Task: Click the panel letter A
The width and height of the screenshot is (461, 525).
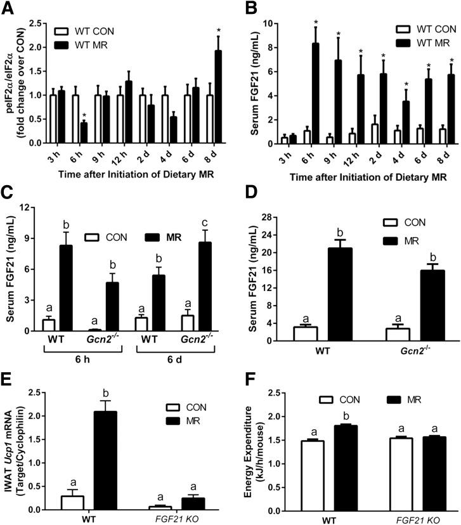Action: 8,8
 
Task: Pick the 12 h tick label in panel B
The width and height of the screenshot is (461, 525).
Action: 329,156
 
